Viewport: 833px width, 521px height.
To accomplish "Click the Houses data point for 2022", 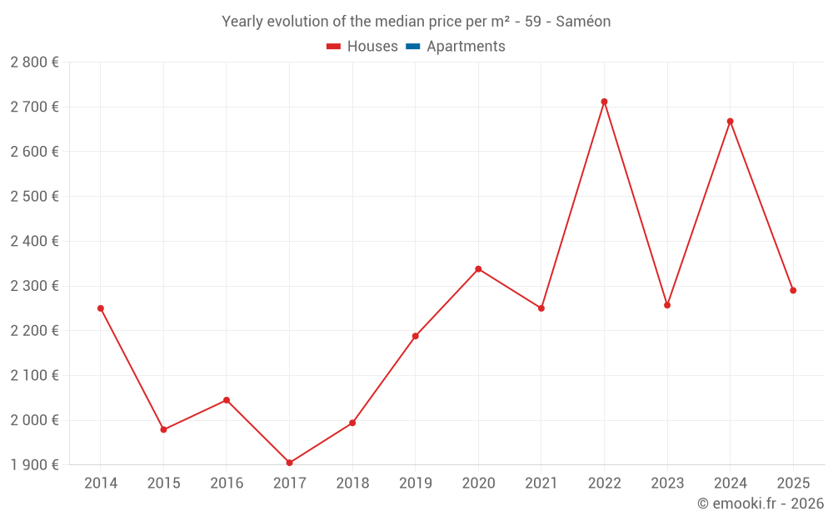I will tap(604, 102).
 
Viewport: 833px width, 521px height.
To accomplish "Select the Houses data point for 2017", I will tap(289, 463).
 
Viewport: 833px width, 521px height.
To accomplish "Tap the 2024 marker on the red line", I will tap(730, 122).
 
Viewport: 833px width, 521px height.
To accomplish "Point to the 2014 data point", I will tap(101, 308).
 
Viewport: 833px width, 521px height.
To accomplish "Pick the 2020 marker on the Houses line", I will tap(478, 269).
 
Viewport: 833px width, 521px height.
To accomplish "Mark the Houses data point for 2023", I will tap(667, 305).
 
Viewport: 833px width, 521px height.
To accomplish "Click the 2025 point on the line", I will tap(793, 290).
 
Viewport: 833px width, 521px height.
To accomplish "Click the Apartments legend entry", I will tap(465, 47).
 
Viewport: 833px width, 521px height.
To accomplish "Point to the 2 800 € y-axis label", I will tap(34, 63).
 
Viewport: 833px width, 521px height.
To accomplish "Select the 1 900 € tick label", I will tap(34, 465).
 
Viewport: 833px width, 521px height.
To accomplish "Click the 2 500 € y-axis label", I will tap(34, 197).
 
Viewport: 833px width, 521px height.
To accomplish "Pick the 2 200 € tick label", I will tap(34, 331).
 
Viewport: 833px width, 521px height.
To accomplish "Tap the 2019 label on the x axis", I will tap(415, 483).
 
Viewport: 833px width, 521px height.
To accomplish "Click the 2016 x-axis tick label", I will tap(227, 483).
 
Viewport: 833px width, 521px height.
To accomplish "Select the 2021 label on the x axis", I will tap(541, 483).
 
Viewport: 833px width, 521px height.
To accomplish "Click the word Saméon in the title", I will tap(584, 22).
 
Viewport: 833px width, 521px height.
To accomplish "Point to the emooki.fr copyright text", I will tap(761, 503).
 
